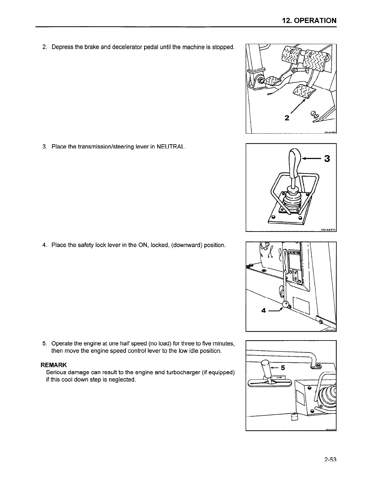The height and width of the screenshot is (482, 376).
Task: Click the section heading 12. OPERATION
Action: pos(309,20)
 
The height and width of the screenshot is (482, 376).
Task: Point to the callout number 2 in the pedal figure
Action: pos(287,118)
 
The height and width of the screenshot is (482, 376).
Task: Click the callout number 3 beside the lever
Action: pos(327,159)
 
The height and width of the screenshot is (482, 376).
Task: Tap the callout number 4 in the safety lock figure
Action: pos(264,311)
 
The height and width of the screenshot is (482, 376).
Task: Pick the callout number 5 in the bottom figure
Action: pos(282,368)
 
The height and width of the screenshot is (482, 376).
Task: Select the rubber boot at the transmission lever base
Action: pos(292,202)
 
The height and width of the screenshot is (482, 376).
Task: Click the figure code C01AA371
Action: pos(328,230)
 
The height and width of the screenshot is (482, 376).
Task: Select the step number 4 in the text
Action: pos(44,245)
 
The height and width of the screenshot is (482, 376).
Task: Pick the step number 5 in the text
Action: pos(44,344)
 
